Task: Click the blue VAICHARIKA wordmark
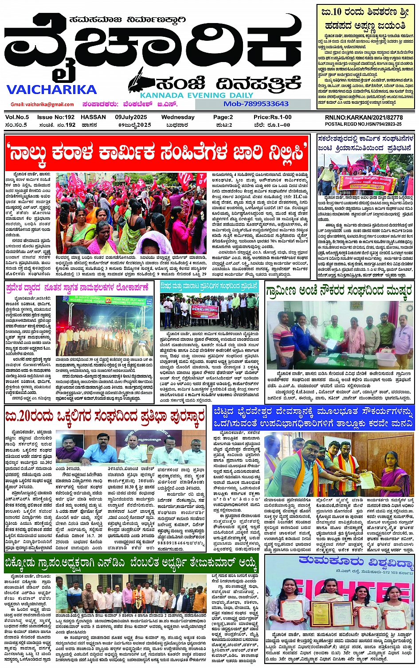(51, 90)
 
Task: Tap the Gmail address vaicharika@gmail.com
(42, 105)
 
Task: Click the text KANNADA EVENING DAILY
(196, 95)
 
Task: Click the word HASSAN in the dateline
(93, 117)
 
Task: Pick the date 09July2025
(131, 117)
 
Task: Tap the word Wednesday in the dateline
(177, 117)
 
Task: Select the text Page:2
(223, 117)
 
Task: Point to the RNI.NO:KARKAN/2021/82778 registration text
(364, 117)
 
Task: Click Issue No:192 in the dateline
(55, 117)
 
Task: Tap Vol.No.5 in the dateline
(17, 117)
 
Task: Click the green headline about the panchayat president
(131, 564)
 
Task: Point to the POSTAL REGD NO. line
(364, 125)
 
